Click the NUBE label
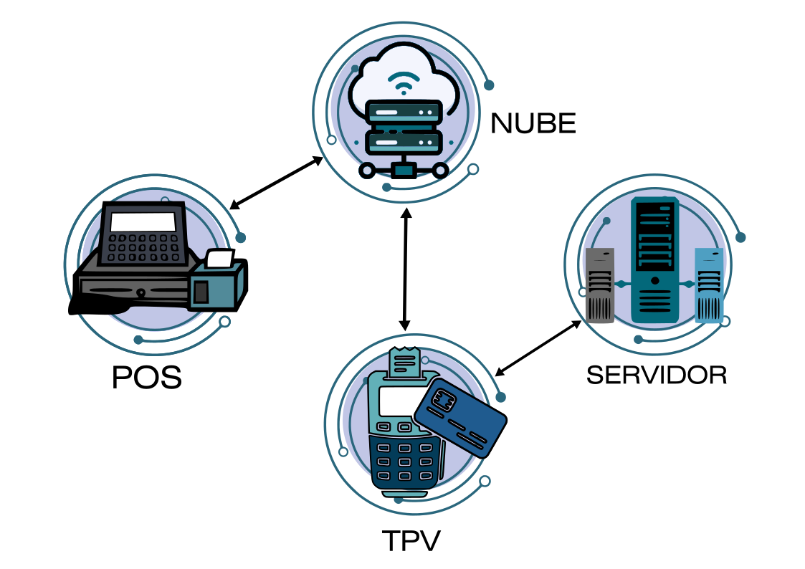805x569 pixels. tap(533, 124)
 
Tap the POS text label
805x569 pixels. tap(147, 378)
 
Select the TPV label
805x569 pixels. tap(411, 541)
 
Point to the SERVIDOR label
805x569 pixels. tap(657, 375)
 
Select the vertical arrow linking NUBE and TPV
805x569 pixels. tap(406, 269)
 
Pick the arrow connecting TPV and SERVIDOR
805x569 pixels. tap(538, 348)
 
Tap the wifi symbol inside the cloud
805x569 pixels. tap(402, 83)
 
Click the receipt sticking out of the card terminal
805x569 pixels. tap(404, 363)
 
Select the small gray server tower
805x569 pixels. tap(600, 285)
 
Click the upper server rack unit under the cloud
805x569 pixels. tap(402, 113)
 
